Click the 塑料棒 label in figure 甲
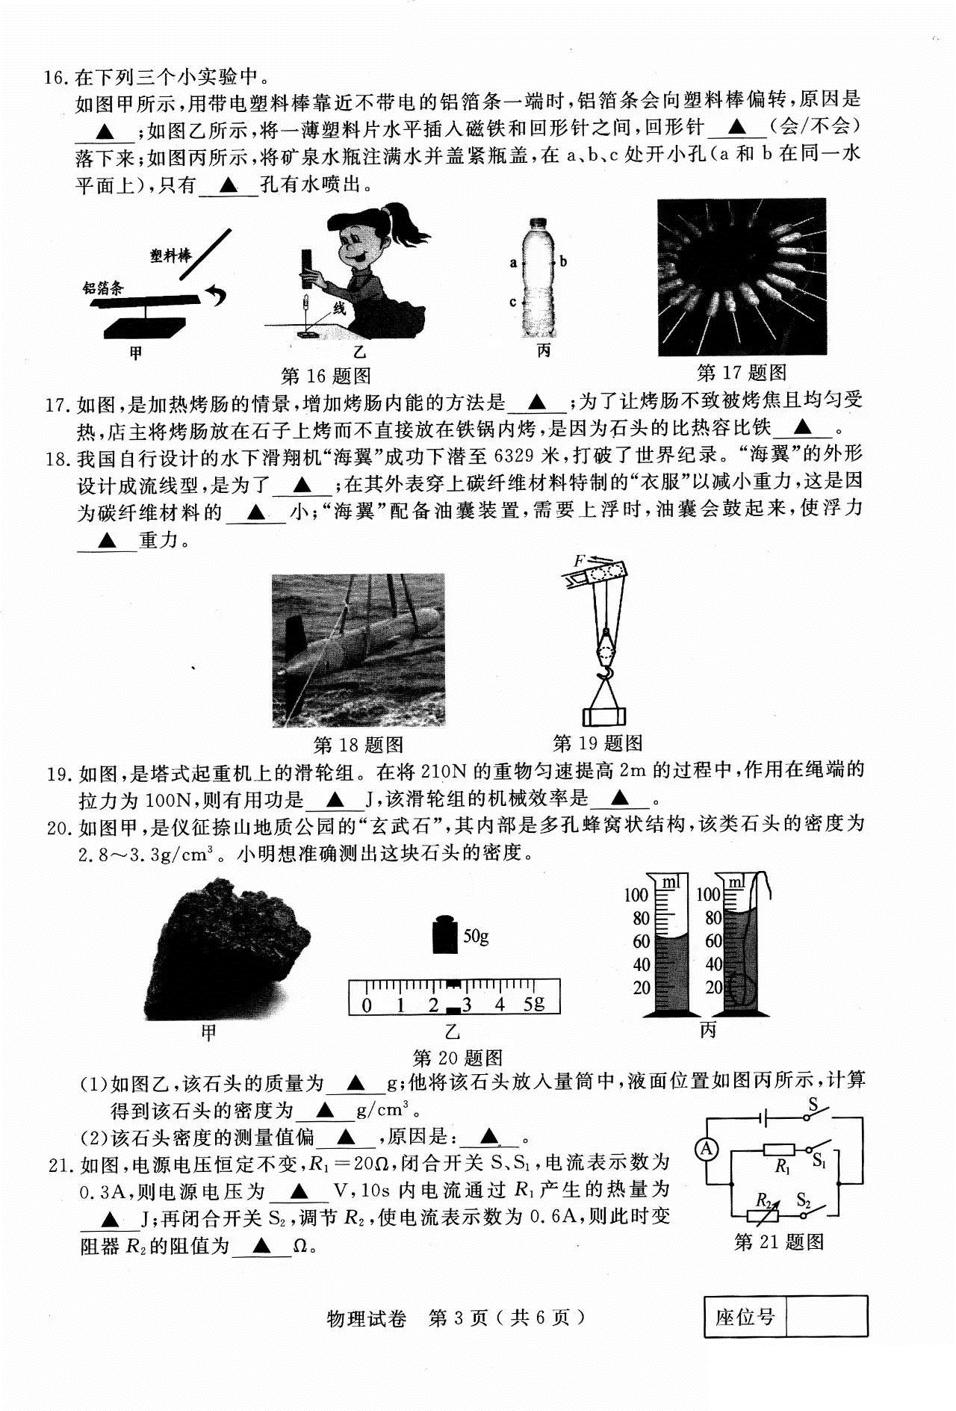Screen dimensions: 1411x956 (170, 256)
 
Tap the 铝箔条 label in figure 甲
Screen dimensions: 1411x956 (103, 288)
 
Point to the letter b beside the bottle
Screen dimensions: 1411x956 (563, 261)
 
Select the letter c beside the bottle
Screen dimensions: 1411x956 (513, 302)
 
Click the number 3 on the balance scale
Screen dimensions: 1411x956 (467, 1005)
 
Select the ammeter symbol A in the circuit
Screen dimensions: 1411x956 (707, 1149)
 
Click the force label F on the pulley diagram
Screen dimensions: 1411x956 (579, 560)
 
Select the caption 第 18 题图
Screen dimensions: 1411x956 (358, 744)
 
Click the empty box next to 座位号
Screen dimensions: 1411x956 (827, 1315)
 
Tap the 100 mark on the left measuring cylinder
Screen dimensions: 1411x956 (636, 895)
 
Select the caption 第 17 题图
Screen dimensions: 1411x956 (741, 371)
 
